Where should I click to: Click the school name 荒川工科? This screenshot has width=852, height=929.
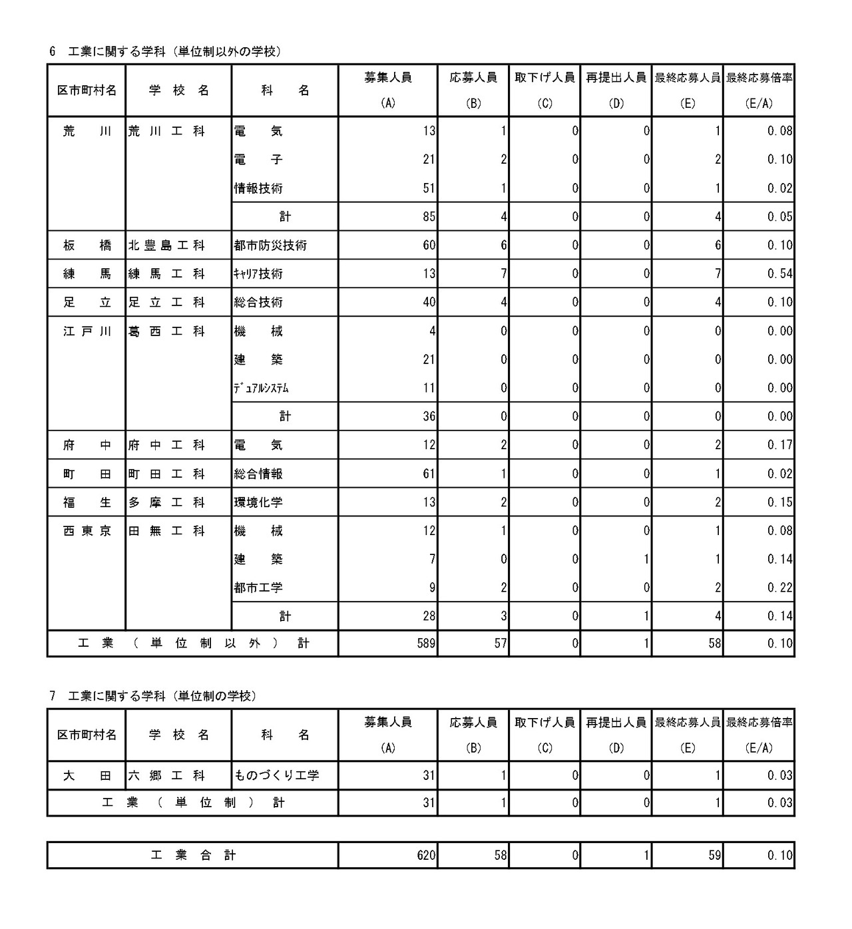166,132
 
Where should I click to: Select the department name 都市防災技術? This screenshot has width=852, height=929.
270,246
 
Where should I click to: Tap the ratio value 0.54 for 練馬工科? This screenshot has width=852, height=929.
779,274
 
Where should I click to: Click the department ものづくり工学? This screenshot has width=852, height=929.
276,776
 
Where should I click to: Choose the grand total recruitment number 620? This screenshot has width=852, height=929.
426,856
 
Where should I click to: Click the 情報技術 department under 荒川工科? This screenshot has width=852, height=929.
258,189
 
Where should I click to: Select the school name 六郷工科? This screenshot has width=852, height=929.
166,776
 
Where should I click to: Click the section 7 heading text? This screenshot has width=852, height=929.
153,696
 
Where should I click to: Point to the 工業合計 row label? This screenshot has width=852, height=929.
193,856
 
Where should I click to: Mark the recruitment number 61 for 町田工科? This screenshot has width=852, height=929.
429,474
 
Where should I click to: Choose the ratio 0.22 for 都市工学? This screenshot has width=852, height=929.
779,588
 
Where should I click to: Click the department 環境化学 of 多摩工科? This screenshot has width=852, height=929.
258,503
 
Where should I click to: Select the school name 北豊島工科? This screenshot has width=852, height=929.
166,246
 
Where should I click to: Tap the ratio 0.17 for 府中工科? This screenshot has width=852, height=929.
779,446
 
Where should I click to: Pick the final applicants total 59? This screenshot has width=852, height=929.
714,856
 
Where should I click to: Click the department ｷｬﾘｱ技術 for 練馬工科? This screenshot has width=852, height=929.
258,274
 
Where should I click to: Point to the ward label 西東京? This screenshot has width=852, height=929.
87,532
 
